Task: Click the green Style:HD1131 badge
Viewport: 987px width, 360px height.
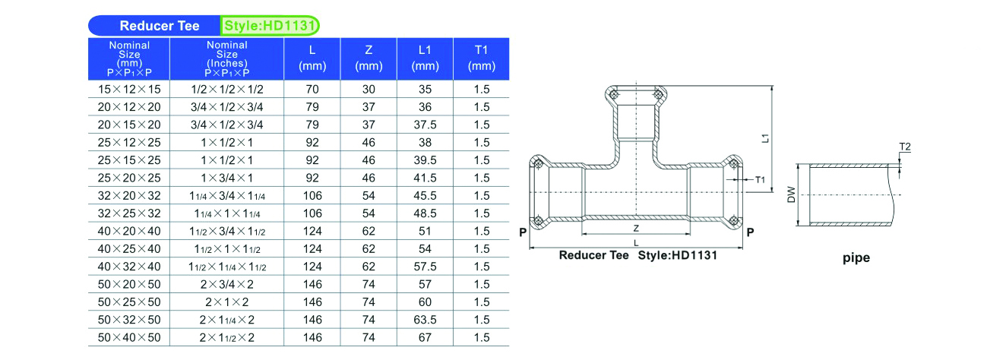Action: tap(269, 26)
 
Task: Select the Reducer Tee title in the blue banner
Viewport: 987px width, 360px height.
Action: tap(160, 26)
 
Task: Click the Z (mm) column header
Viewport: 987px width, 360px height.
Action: tap(369, 58)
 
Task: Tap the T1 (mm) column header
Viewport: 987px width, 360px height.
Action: tap(482, 58)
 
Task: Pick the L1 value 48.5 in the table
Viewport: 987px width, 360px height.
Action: tap(425, 213)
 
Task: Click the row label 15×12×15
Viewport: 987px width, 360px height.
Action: tap(129, 90)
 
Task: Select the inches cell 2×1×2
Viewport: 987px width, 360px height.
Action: tap(227, 302)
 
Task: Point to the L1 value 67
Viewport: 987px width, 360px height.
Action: tap(425, 337)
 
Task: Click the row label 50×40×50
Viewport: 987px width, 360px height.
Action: tap(129, 337)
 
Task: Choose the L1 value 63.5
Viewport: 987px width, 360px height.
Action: tap(425, 320)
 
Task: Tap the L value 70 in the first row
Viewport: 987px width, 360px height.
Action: tap(312, 90)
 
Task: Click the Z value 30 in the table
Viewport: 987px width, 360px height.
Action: tap(369, 90)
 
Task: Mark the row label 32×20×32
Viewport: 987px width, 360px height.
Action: tap(129, 196)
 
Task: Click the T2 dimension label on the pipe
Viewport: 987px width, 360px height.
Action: tap(905, 147)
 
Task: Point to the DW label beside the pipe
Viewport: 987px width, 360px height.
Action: tap(792, 194)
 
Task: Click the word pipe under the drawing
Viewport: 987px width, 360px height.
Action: tap(856, 257)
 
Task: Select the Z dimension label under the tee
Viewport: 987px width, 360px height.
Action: tap(636, 229)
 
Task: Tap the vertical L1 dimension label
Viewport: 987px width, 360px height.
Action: tap(765, 138)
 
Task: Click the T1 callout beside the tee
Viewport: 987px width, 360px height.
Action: tap(760, 180)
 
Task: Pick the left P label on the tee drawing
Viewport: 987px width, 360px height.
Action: tap(523, 232)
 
